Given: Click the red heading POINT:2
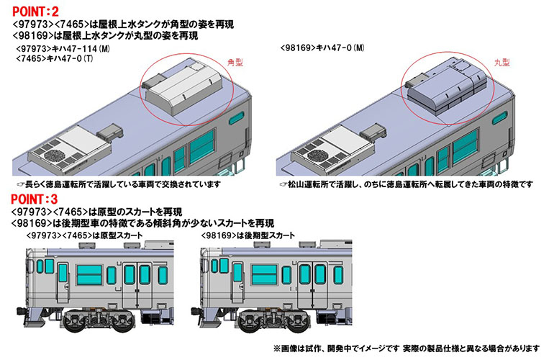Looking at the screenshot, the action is pyautogui.click(x=35, y=12).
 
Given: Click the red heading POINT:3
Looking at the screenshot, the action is pyautogui.click(x=35, y=199).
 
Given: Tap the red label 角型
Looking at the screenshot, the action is pyautogui.click(x=235, y=63).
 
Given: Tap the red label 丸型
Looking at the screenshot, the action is pyautogui.click(x=502, y=63).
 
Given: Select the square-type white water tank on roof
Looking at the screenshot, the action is pyautogui.click(x=183, y=89).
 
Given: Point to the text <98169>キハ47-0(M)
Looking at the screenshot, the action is pyautogui.click(x=322, y=48).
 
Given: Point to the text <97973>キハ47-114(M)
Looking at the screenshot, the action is pyautogui.click(x=63, y=49).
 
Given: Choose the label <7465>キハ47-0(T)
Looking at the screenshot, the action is pyautogui.click(x=55, y=58).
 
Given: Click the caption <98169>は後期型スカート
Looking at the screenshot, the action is pyautogui.click(x=248, y=235).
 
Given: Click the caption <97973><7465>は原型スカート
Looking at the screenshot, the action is pyautogui.click(x=84, y=235).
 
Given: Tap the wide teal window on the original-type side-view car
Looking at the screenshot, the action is pyautogui.click(x=90, y=274).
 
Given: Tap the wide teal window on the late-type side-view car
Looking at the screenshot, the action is pyautogui.click(x=264, y=274).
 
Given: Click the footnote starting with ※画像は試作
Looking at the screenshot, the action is pyautogui.click(x=407, y=348).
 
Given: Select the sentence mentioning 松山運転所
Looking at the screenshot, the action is pyautogui.click(x=407, y=184).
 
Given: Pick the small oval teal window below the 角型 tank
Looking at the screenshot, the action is pyautogui.click(x=237, y=118).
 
